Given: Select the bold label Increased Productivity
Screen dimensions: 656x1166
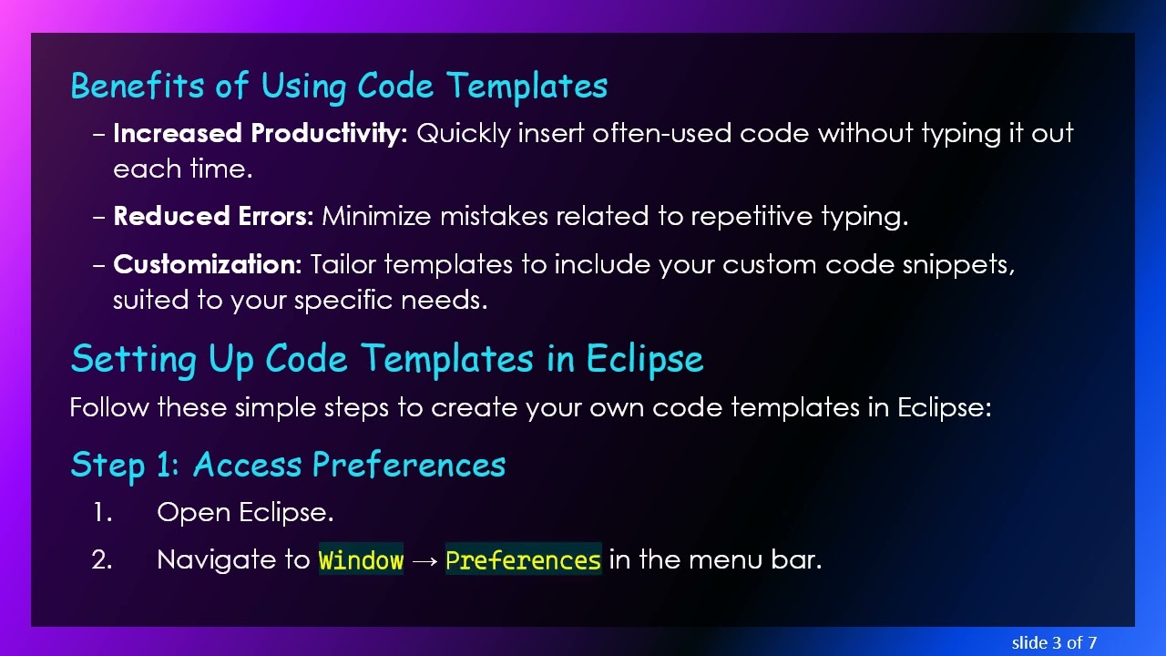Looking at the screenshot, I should (260, 134).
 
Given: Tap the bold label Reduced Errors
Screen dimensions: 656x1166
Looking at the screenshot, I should (213, 217).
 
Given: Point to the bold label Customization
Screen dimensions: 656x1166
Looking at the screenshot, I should (207, 265).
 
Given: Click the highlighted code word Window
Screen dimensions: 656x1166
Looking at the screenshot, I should (361, 560).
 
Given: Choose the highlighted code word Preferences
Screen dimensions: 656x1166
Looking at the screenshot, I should (523, 560).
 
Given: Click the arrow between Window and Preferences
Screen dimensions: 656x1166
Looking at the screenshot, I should (424, 560).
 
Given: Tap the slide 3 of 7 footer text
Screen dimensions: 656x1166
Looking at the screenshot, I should (1054, 643).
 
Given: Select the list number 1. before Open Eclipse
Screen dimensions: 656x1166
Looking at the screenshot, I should (102, 513).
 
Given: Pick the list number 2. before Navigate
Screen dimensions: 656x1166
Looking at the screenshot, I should (102, 560).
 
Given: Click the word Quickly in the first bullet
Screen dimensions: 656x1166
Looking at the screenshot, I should (463, 134).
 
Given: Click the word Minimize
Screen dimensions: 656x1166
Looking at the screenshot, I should (377, 217).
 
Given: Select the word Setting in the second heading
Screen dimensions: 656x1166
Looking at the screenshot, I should (134, 359).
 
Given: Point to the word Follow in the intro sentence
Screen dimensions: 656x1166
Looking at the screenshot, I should (109, 407).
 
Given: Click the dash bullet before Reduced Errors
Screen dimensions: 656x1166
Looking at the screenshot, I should (99, 218).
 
